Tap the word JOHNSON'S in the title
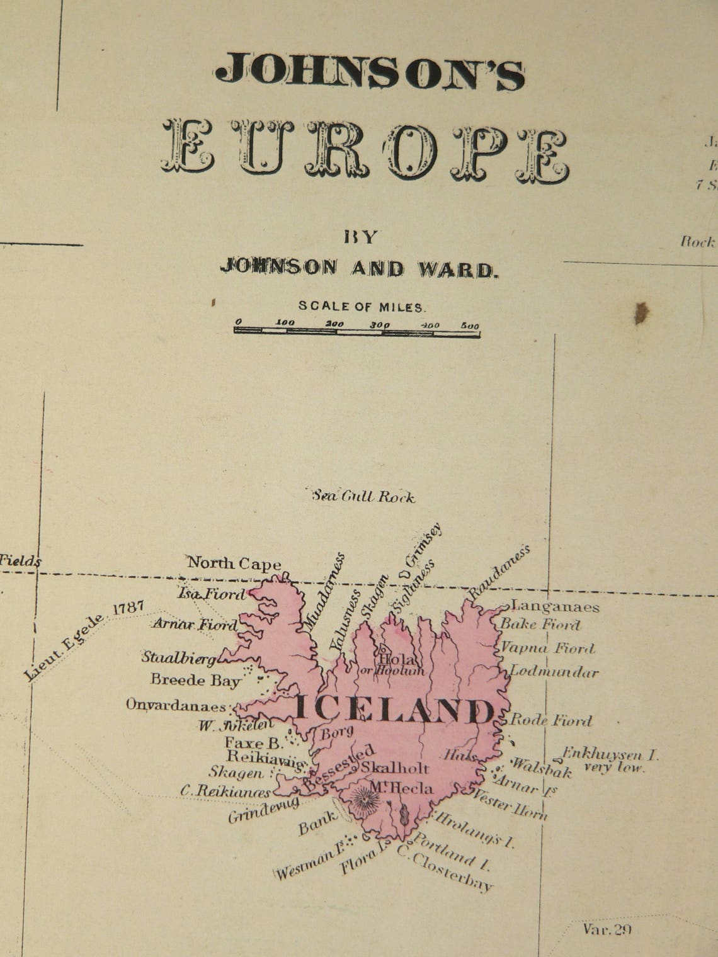(x=370, y=71)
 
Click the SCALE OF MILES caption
(x=362, y=307)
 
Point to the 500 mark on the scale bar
(x=469, y=326)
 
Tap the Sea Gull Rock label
(x=364, y=497)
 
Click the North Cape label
(x=234, y=563)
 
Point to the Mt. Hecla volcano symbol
(x=365, y=801)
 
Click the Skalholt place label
(x=395, y=768)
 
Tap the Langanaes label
(x=554, y=607)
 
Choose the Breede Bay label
(x=196, y=680)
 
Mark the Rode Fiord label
(x=550, y=720)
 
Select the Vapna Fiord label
(x=547, y=648)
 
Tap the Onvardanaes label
(x=176, y=704)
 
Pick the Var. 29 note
(x=607, y=930)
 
